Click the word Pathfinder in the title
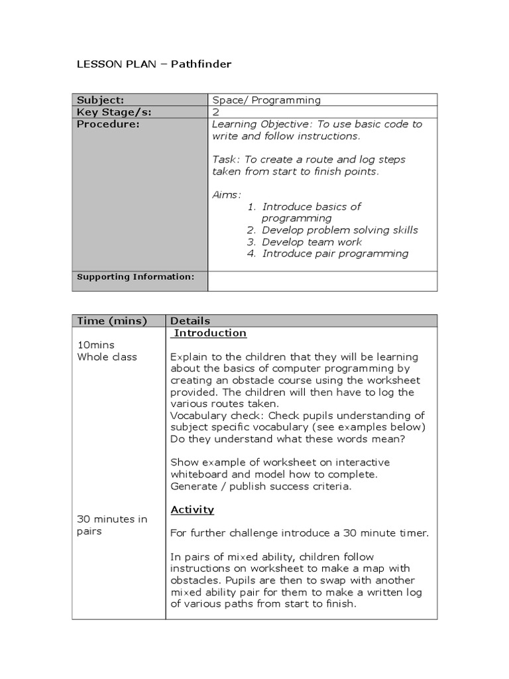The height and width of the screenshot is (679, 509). point(201,64)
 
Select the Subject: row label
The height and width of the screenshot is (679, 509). point(100,100)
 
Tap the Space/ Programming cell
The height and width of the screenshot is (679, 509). point(266,100)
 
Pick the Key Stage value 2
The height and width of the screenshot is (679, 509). point(215,112)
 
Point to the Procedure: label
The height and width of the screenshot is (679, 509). point(108,124)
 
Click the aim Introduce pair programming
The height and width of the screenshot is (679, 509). point(335,253)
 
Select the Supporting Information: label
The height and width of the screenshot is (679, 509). point(136,277)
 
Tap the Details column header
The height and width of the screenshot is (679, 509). point(190,321)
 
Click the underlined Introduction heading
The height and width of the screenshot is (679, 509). point(210,333)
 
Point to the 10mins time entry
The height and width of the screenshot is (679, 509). point(97,345)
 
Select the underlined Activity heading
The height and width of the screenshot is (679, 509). point(192,509)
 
